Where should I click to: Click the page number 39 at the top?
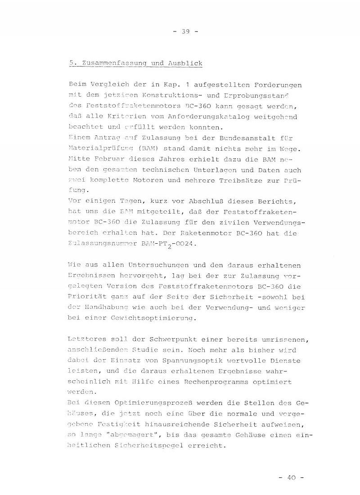[185, 31]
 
